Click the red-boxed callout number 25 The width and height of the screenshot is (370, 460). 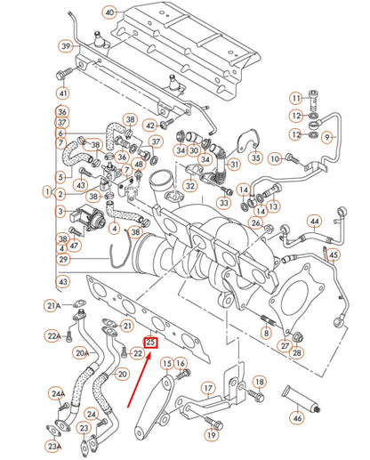[x=150, y=341]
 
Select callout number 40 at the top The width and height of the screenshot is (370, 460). [x=109, y=12]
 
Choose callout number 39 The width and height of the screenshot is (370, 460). [x=66, y=46]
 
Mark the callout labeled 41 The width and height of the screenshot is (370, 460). [x=62, y=93]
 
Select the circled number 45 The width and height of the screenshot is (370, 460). [x=334, y=254]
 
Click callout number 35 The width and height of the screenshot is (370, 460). [x=255, y=158]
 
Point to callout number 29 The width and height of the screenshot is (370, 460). [x=62, y=259]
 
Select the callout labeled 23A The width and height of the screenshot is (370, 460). [x=55, y=446]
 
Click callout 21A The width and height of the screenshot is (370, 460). [x=52, y=306]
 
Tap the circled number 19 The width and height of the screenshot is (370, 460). [x=212, y=435]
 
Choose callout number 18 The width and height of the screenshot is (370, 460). [x=259, y=382]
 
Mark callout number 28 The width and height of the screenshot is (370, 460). [x=296, y=353]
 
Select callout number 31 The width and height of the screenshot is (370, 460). [x=234, y=165]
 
